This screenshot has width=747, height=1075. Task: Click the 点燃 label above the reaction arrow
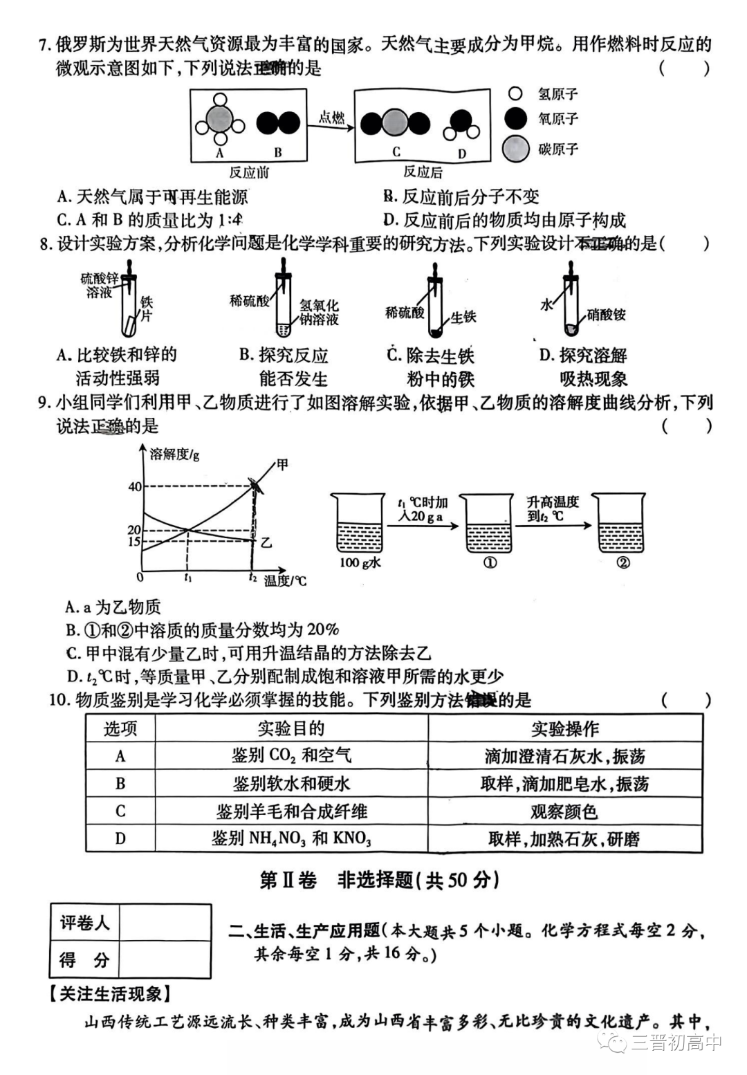tap(331, 117)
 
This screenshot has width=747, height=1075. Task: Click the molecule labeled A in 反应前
tap(219, 122)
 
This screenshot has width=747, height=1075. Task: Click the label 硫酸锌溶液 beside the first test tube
tap(100, 286)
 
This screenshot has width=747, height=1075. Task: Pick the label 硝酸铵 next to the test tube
tap(606, 315)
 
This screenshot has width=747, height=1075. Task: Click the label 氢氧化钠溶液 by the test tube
tap(319, 312)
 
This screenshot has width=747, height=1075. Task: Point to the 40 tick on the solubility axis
tap(134, 486)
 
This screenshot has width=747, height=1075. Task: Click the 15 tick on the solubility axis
tap(134, 542)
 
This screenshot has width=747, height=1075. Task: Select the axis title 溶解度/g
tap(174, 454)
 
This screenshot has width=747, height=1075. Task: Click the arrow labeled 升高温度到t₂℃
tap(553, 525)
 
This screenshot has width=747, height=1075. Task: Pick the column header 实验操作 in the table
tap(564, 728)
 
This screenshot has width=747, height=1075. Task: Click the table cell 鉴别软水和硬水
tap(291, 784)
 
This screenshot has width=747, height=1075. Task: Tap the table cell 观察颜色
tap(564, 811)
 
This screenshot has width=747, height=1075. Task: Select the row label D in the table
tap(120, 839)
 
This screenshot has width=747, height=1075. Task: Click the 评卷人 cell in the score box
tap(85, 923)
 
